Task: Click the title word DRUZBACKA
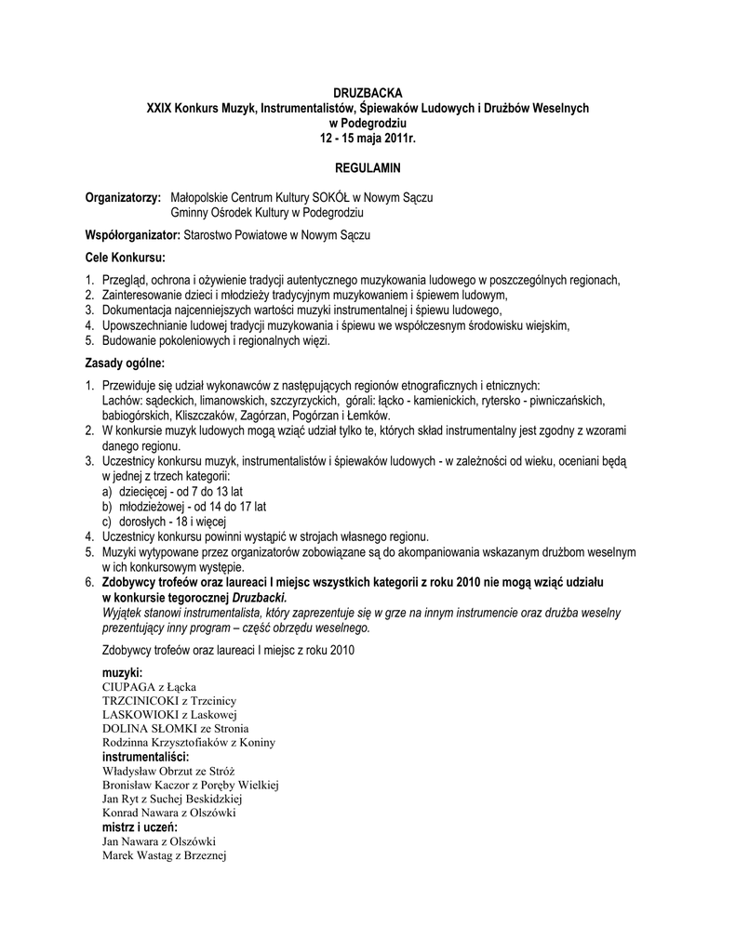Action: [x=368, y=94]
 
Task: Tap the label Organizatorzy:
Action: [x=124, y=198]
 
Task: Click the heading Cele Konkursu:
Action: [x=125, y=257]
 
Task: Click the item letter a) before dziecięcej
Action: [x=107, y=491]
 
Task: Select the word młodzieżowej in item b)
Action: [x=150, y=507]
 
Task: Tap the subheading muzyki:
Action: [x=122, y=671]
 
